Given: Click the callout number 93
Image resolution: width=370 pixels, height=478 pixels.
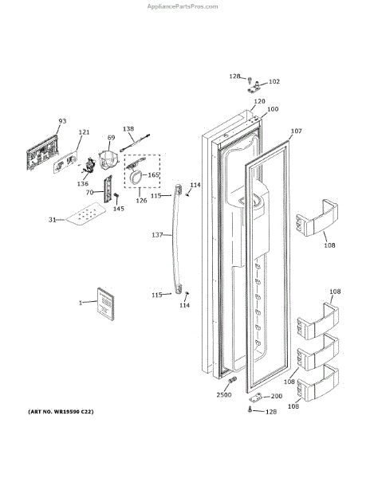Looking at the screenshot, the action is (62, 121).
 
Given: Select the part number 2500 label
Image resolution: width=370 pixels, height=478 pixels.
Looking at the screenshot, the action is (224, 395).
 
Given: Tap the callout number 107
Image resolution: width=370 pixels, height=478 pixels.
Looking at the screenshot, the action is (296, 131).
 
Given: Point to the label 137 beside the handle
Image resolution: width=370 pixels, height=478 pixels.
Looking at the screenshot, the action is (157, 235).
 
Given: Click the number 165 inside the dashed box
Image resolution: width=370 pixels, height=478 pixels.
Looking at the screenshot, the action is (153, 175).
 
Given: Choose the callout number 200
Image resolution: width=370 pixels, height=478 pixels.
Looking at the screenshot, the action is (277, 396).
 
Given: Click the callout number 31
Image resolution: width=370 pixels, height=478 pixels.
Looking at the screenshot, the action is (52, 220).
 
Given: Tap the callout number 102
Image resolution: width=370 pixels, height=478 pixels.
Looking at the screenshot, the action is (274, 81).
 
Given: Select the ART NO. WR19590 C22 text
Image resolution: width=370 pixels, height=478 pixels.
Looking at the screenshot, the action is (61, 412).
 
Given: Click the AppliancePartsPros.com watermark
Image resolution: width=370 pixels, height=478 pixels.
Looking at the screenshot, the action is (183, 6).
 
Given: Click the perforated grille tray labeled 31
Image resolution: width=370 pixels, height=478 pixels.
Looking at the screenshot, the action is (86, 214).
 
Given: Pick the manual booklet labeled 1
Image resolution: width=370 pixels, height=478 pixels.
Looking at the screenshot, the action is (105, 304).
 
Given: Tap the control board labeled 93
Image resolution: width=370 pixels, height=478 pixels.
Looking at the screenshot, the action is (42, 152).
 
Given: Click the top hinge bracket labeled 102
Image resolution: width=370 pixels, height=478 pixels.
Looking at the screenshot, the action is (254, 88).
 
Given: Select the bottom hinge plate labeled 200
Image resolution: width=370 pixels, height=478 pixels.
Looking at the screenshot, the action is (255, 398).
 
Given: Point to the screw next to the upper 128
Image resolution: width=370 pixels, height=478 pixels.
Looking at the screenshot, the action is (250, 81).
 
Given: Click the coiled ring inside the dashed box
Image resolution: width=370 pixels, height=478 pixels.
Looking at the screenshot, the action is (136, 177).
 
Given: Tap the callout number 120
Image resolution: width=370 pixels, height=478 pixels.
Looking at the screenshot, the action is (259, 101).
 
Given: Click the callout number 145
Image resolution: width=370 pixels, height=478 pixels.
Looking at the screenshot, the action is (119, 209).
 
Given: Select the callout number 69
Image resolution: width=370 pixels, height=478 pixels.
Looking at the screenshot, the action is (111, 138).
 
